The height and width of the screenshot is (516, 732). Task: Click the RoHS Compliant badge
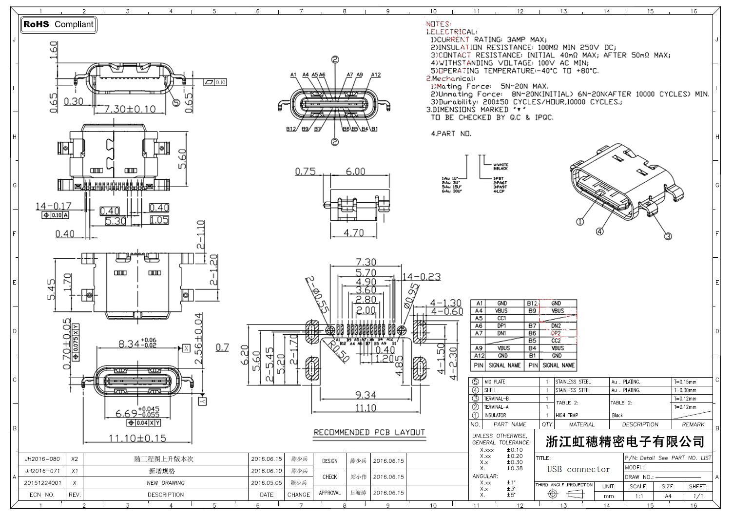[58, 24]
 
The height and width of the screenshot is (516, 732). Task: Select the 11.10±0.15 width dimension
[137, 438]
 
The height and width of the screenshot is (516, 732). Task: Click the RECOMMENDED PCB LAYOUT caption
[369, 432]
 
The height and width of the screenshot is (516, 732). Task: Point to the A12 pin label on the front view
[375, 75]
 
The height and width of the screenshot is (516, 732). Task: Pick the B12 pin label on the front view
[291, 129]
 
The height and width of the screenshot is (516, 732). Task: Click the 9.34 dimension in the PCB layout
[366, 395]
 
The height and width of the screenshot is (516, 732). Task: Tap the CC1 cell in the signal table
[501, 318]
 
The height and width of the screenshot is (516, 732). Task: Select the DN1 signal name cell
[501, 333]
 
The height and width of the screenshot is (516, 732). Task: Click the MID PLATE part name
[494, 382]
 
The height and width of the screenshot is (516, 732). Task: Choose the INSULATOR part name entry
[495, 415]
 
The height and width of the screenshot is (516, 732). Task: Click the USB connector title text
[578, 469]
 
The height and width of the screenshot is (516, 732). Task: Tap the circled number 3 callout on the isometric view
[668, 236]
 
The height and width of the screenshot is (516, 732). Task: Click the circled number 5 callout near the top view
[176, 102]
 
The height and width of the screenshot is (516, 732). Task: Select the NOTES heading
[439, 24]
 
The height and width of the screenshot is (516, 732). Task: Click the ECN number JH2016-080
[42, 459]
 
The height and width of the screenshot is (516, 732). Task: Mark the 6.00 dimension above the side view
[355, 172]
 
